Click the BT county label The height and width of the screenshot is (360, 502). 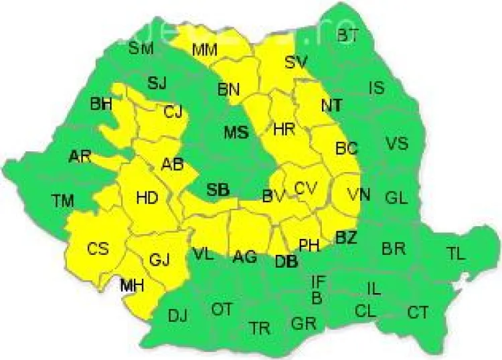point(347,36)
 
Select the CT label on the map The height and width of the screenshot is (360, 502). point(418,312)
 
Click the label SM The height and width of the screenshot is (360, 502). point(141,48)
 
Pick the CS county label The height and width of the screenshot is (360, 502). point(98,248)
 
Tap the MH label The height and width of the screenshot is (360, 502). point(132,286)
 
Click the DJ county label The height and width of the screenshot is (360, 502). point(177,316)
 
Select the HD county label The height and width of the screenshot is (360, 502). point(147,197)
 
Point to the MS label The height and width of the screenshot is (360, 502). point(236,132)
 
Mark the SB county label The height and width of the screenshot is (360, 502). point(218,191)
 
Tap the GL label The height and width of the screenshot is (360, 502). point(396,198)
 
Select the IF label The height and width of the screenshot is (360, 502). point(319,281)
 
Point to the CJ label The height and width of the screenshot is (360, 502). point(173,112)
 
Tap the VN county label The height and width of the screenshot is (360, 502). point(358,195)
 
